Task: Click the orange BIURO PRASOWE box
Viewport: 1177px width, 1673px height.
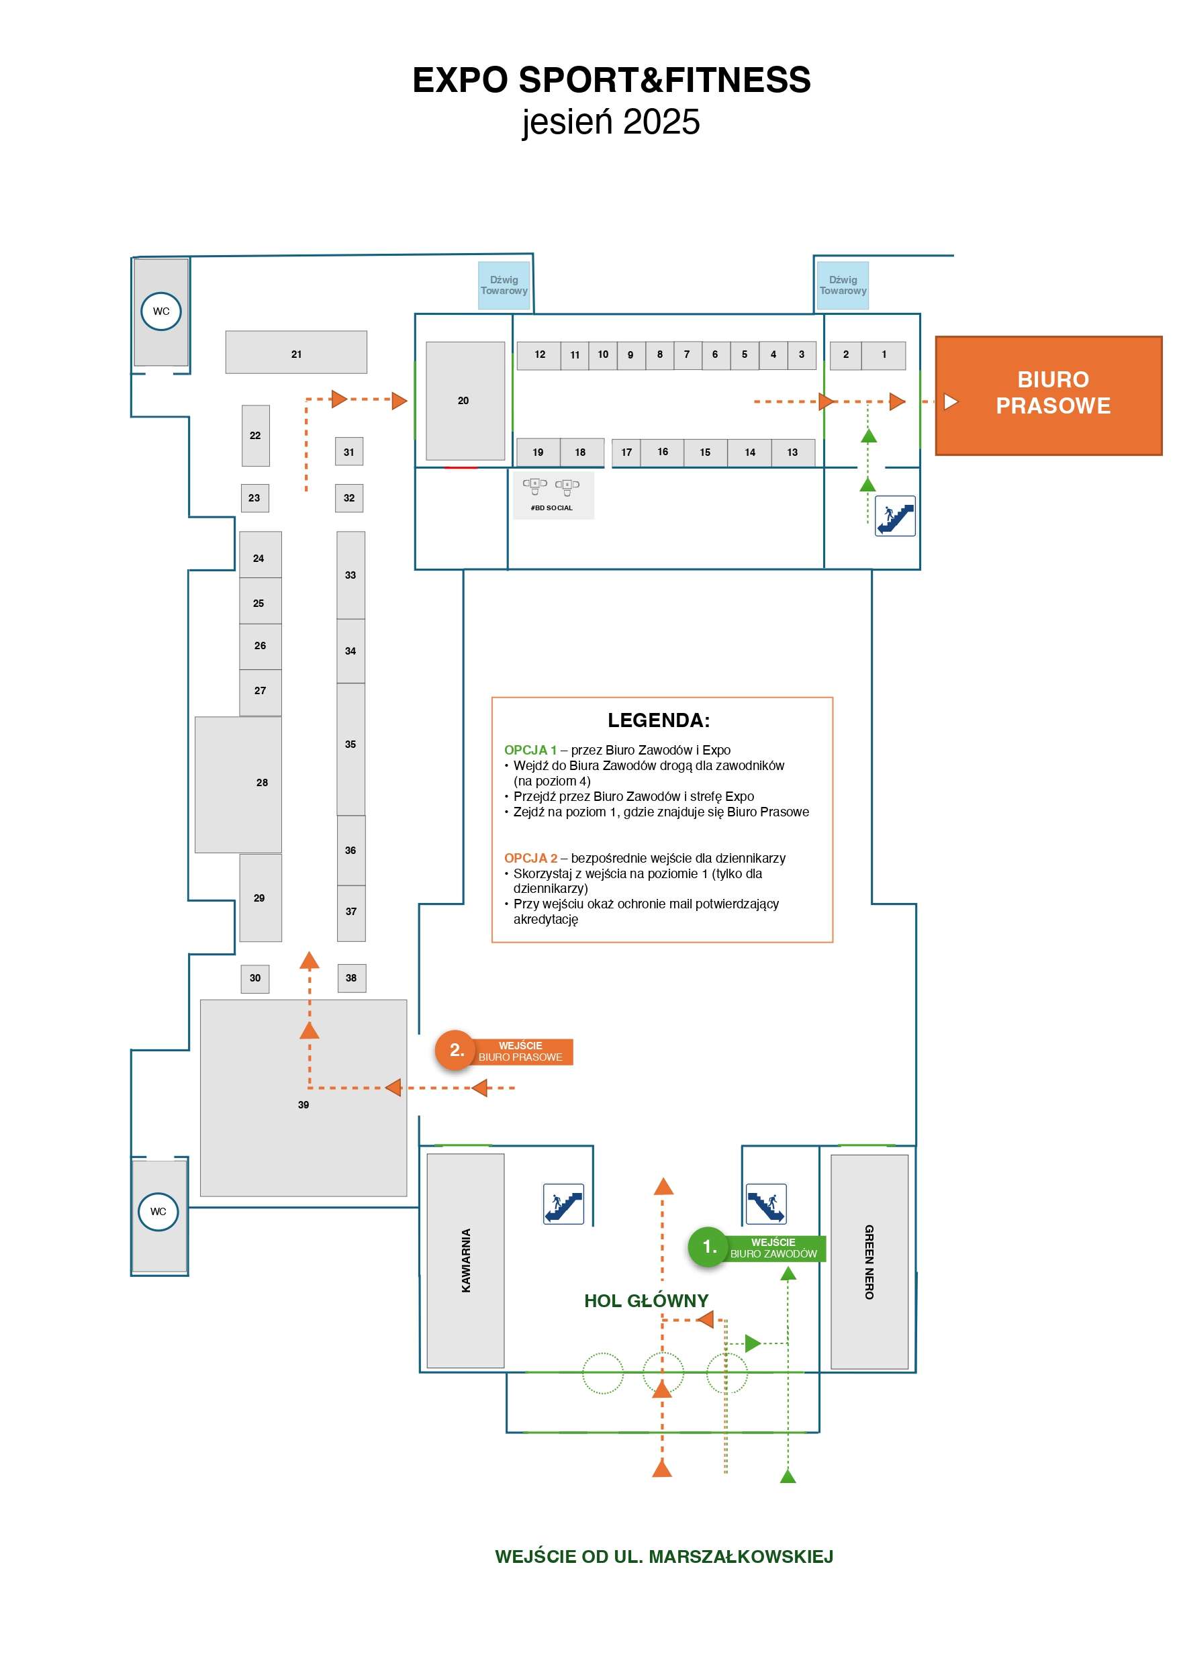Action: [1047, 395]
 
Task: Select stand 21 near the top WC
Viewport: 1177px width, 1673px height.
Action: [296, 352]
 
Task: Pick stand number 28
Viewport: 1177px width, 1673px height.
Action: [238, 784]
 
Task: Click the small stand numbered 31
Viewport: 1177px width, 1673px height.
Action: [349, 452]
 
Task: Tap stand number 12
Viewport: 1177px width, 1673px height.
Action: [539, 355]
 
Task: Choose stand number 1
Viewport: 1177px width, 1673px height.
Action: [884, 355]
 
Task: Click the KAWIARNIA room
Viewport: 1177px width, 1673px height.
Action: [465, 1260]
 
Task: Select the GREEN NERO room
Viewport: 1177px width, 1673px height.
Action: [869, 1261]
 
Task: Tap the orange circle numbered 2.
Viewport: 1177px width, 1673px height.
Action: [455, 1049]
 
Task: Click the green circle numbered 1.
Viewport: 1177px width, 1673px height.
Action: [708, 1246]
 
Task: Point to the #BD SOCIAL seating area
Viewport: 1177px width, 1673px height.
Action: [553, 495]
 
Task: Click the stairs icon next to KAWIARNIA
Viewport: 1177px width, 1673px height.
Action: [563, 1203]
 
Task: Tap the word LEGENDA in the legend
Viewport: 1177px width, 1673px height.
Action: [658, 720]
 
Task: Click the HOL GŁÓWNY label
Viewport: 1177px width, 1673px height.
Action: [646, 1300]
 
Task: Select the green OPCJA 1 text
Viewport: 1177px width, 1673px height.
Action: [530, 750]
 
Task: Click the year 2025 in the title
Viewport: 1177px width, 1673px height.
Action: [661, 122]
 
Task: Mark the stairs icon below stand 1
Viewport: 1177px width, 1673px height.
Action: [894, 516]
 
